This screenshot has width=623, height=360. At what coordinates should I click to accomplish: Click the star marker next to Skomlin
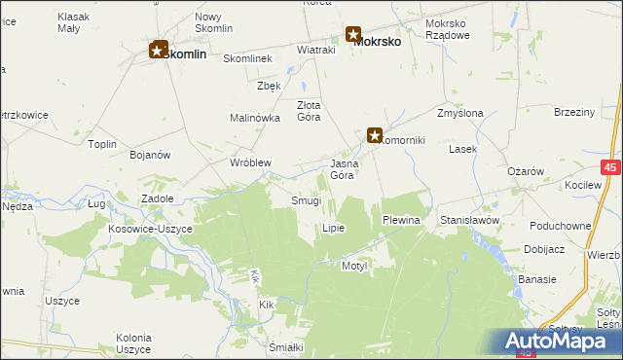tap(158, 49)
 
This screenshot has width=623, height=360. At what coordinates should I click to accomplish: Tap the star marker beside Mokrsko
tap(352, 35)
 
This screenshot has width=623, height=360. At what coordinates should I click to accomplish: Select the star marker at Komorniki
tap(375, 136)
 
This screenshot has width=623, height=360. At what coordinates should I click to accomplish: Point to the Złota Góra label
tap(308, 111)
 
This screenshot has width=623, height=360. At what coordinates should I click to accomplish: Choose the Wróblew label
tap(249, 162)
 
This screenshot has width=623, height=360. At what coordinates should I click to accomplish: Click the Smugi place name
tap(306, 200)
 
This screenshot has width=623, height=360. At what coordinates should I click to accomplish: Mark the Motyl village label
tap(351, 265)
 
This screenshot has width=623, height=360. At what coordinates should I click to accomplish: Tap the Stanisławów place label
tap(469, 221)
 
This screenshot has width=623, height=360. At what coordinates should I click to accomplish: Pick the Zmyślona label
tap(460, 113)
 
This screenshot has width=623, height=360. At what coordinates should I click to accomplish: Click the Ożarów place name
tap(525, 171)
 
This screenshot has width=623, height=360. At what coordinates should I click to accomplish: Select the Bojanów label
tap(150, 155)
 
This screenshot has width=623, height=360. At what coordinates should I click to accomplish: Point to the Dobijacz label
tap(544, 249)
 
